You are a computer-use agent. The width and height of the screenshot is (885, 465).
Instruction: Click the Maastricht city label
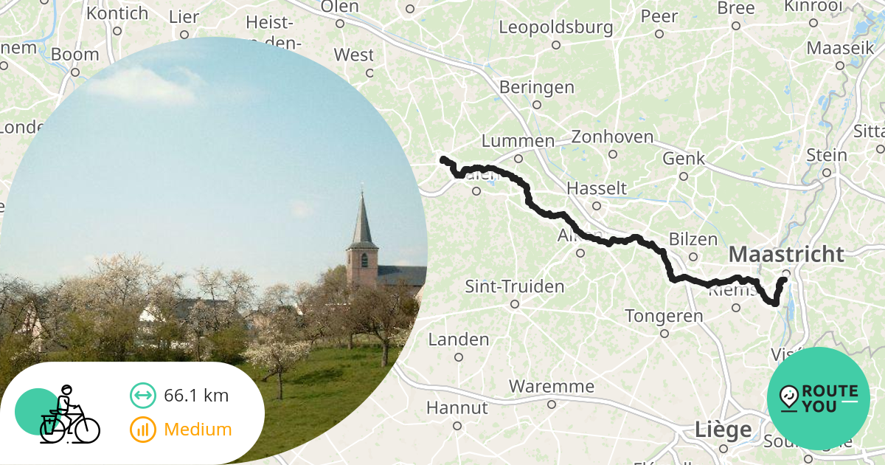786,255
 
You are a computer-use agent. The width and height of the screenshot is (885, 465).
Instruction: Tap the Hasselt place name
596,188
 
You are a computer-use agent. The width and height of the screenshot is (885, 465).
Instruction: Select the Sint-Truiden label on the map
514,286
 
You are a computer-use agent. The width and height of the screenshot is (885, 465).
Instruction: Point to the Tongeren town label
664,316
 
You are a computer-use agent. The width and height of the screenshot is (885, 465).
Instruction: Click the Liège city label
723,430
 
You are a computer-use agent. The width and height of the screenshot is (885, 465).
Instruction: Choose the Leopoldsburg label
555,28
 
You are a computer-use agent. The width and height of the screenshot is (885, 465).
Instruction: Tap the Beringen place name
536,87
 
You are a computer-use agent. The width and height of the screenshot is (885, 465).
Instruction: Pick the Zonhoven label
612,137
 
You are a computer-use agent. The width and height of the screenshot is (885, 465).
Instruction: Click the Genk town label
684,159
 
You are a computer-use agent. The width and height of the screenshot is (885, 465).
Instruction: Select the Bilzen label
693,239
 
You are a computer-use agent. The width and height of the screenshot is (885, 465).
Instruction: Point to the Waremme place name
551,386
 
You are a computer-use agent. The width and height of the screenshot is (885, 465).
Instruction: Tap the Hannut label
457,407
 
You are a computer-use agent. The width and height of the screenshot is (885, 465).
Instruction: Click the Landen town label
459,340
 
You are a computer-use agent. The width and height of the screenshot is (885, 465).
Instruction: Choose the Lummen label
518,141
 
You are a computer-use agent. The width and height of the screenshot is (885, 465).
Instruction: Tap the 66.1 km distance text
195,396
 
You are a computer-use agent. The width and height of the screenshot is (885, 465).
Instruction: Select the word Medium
198,430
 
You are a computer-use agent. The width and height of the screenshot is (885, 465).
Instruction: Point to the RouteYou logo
818,399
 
